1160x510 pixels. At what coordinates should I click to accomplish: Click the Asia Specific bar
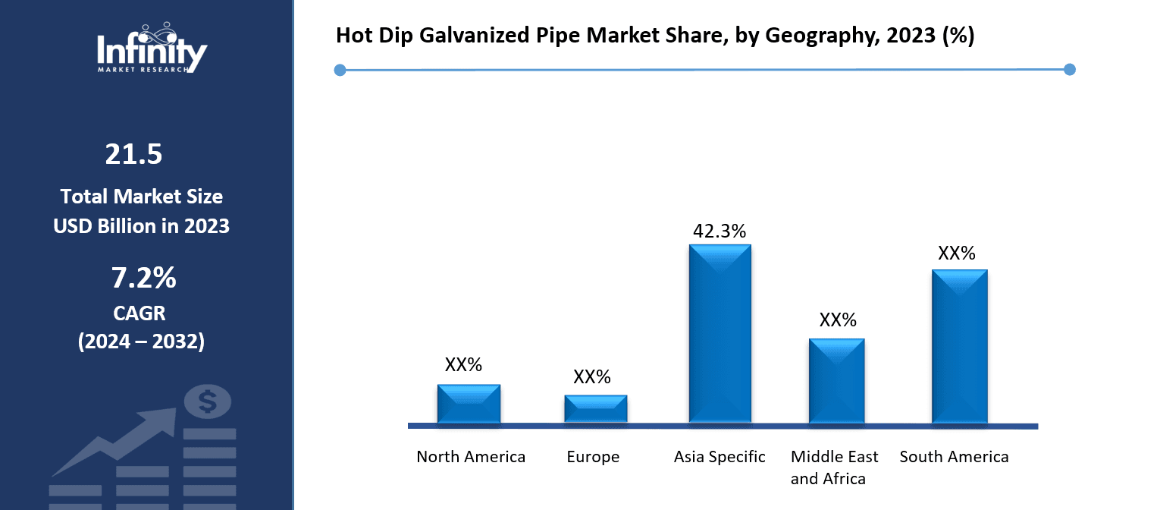click(720, 334)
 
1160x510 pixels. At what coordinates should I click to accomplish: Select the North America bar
click(469, 404)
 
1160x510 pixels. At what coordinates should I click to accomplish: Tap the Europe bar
click(595, 409)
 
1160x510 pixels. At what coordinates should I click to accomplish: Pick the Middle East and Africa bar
click(836, 381)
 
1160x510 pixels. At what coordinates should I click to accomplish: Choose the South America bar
click(959, 346)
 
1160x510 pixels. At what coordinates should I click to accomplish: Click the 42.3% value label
click(720, 231)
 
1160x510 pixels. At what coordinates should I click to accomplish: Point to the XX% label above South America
click(956, 253)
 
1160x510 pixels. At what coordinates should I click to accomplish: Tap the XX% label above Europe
click(591, 377)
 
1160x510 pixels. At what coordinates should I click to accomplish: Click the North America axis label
click(471, 457)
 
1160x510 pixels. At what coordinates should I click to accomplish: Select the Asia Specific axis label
click(720, 457)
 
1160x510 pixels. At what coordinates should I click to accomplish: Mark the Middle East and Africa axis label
click(834, 467)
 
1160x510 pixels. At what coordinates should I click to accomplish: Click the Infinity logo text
click(152, 52)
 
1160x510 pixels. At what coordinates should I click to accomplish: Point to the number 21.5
click(133, 155)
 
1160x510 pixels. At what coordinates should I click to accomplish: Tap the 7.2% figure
click(143, 279)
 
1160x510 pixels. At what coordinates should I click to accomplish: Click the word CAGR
click(141, 313)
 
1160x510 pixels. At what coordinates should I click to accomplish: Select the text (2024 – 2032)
click(141, 342)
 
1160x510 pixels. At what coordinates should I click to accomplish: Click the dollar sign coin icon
click(207, 401)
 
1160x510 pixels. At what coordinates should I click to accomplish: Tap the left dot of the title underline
click(340, 70)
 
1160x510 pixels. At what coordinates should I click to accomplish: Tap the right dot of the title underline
click(1069, 70)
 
